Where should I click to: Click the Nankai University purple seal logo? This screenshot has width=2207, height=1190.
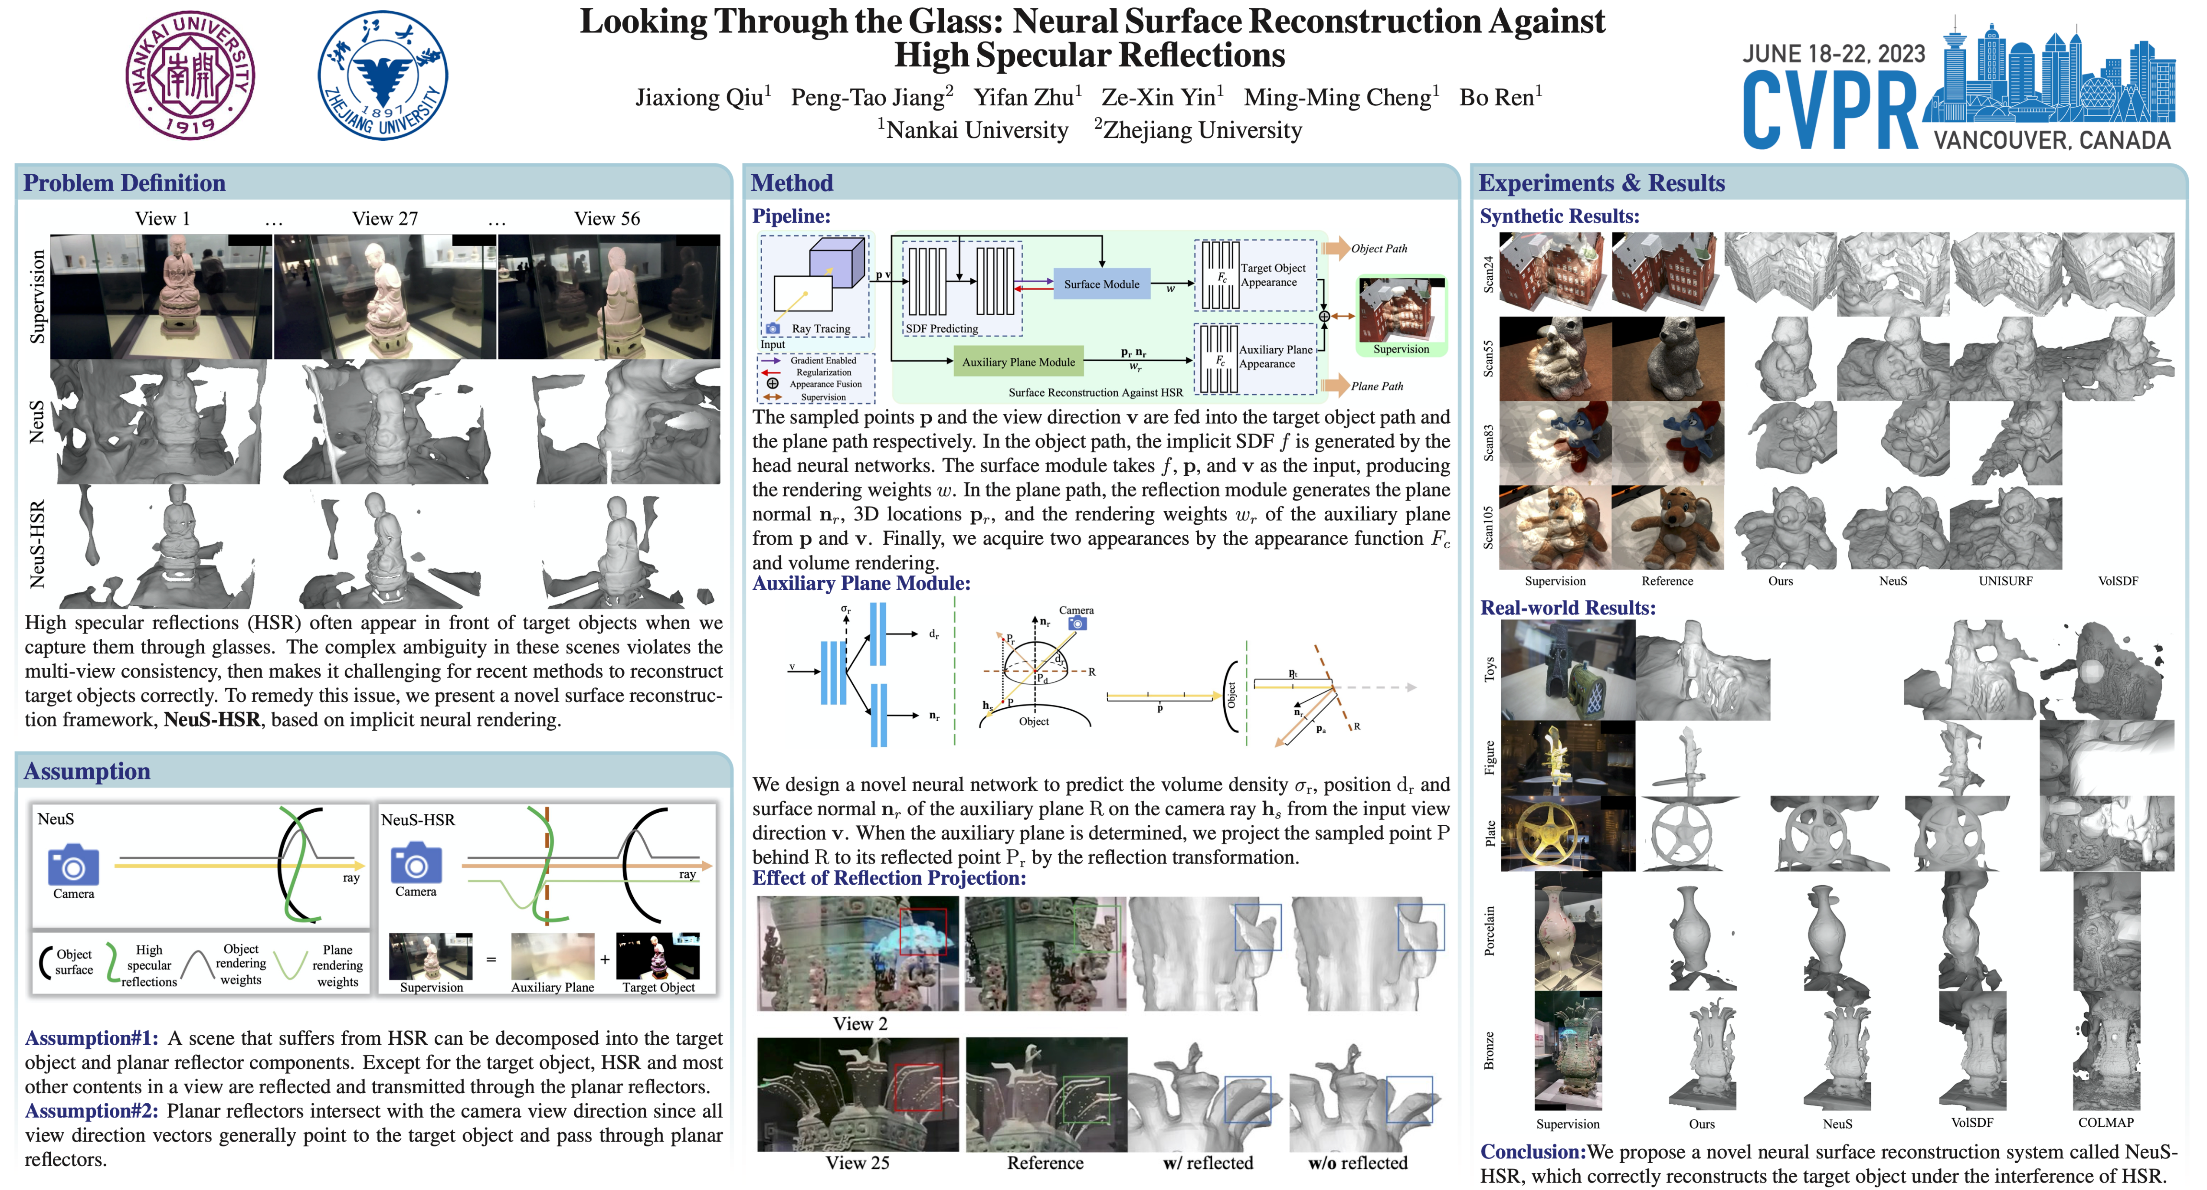(x=190, y=75)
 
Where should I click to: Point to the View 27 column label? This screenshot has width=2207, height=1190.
(x=385, y=219)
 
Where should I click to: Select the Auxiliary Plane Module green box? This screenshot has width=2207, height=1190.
(x=1018, y=362)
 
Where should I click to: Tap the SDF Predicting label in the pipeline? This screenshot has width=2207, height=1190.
(x=942, y=328)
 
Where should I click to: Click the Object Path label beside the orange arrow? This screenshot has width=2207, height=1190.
(x=1379, y=248)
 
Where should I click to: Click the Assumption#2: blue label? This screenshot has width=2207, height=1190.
(x=92, y=1111)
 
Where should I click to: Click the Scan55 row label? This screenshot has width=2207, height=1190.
(x=1488, y=358)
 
